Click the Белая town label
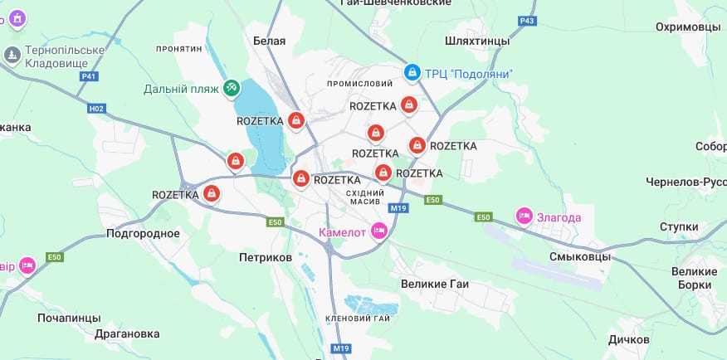coord(269,41)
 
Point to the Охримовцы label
coord(688,27)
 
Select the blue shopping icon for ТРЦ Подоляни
coord(412,74)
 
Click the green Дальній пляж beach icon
coord(232,88)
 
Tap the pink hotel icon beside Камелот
coord(379,231)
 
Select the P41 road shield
coord(90,76)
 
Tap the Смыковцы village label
coord(580,257)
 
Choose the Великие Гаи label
coord(435,284)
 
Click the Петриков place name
coord(265,258)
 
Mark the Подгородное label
coord(143,233)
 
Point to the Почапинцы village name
coord(69,318)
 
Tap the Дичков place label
coord(628,340)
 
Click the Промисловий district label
coord(359,84)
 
